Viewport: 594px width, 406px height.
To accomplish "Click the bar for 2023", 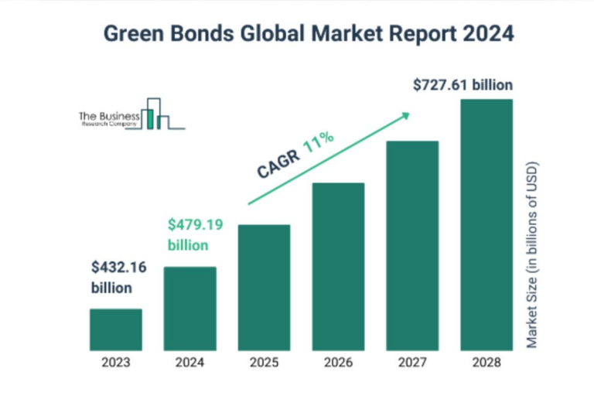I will (x=115, y=329).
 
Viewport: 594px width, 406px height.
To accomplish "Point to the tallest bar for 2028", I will (x=486, y=225).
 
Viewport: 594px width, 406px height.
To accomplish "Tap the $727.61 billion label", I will (x=463, y=85).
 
